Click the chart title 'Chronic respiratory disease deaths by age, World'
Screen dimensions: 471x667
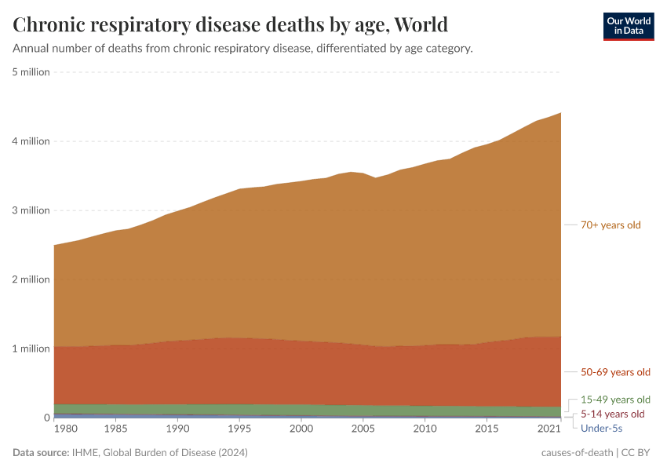point(231,25)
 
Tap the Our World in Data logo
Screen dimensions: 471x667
point(628,26)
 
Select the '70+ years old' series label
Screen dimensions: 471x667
point(611,225)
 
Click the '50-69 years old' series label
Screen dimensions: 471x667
point(615,372)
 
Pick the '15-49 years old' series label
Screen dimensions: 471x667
point(615,399)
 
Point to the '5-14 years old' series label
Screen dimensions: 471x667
point(612,414)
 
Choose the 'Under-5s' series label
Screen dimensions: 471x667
point(601,428)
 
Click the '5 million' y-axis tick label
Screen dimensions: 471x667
point(31,72)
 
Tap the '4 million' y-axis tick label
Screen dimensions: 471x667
point(31,141)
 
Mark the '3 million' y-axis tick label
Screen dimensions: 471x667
point(31,210)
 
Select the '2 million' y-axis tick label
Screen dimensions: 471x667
point(31,279)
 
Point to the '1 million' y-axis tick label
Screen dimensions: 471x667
point(31,349)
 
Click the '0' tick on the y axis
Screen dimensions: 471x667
point(46,418)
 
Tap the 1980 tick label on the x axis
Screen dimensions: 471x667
point(66,429)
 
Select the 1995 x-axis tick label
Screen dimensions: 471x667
point(239,429)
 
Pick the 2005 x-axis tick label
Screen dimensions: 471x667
point(363,429)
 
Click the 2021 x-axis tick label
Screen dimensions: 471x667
point(549,429)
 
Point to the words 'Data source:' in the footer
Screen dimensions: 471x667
point(41,453)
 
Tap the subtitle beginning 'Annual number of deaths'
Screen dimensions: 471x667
point(242,49)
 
